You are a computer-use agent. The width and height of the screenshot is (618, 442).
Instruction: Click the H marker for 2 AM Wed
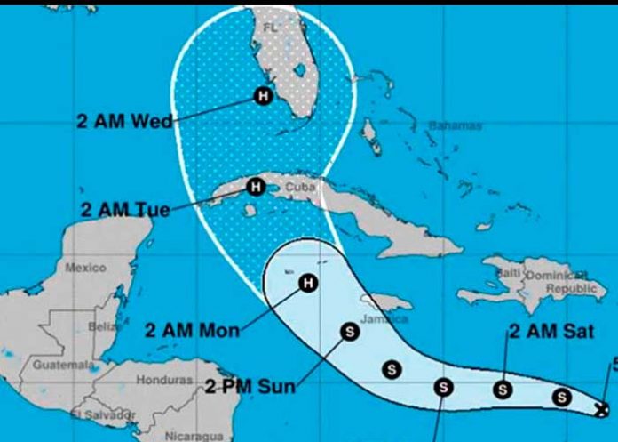coord(263,95)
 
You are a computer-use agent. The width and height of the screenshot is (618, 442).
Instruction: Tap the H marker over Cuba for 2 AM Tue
coord(255,187)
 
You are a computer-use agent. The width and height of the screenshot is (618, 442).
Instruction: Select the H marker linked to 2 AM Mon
coord(307,284)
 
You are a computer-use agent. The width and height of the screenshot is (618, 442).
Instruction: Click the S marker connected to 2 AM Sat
coord(503,388)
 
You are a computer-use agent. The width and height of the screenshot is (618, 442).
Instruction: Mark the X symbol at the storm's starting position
coord(603,409)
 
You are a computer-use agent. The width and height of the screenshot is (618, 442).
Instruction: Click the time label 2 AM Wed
coord(123,122)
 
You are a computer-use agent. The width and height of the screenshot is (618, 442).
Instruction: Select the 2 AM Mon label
coord(191,331)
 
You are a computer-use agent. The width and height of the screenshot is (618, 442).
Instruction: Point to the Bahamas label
coord(456,126)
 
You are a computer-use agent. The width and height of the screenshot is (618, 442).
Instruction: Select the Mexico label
coord(85,267)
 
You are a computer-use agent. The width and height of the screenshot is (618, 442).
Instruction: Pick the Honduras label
coord(163,380)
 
